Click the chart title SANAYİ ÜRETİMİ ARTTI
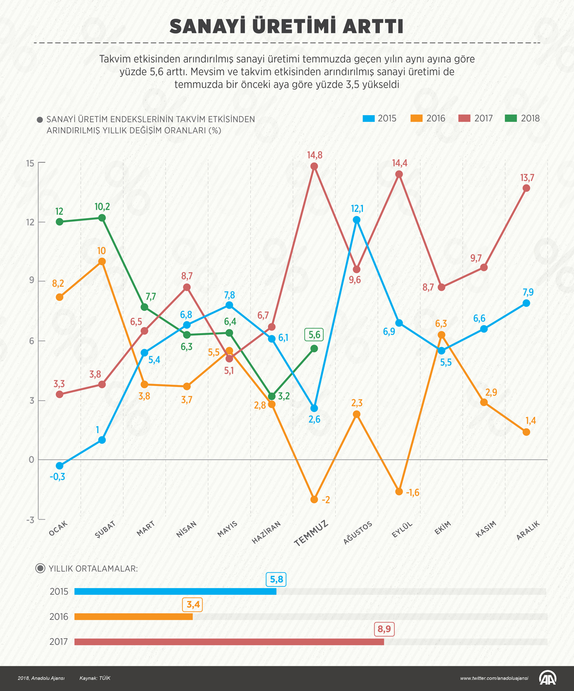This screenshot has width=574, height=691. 286,26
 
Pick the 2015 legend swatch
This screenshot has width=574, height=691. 368,118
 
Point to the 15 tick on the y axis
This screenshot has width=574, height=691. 30,163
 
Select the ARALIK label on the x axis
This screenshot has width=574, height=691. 528,530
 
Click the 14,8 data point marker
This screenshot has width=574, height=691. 314,166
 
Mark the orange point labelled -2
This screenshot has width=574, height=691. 314,500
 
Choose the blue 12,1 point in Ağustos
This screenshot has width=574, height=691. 357,220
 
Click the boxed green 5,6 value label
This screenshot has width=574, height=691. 314,335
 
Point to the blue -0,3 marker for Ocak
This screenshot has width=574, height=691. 59,466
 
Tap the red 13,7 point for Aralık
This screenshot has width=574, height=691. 526,188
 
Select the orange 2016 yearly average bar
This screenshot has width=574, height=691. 133,617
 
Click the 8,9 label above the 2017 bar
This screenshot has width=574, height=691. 384,629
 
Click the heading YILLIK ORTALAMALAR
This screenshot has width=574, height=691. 93,569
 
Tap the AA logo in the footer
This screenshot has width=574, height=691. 547,678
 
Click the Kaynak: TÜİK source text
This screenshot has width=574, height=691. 95,678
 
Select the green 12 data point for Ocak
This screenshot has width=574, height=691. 59,222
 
